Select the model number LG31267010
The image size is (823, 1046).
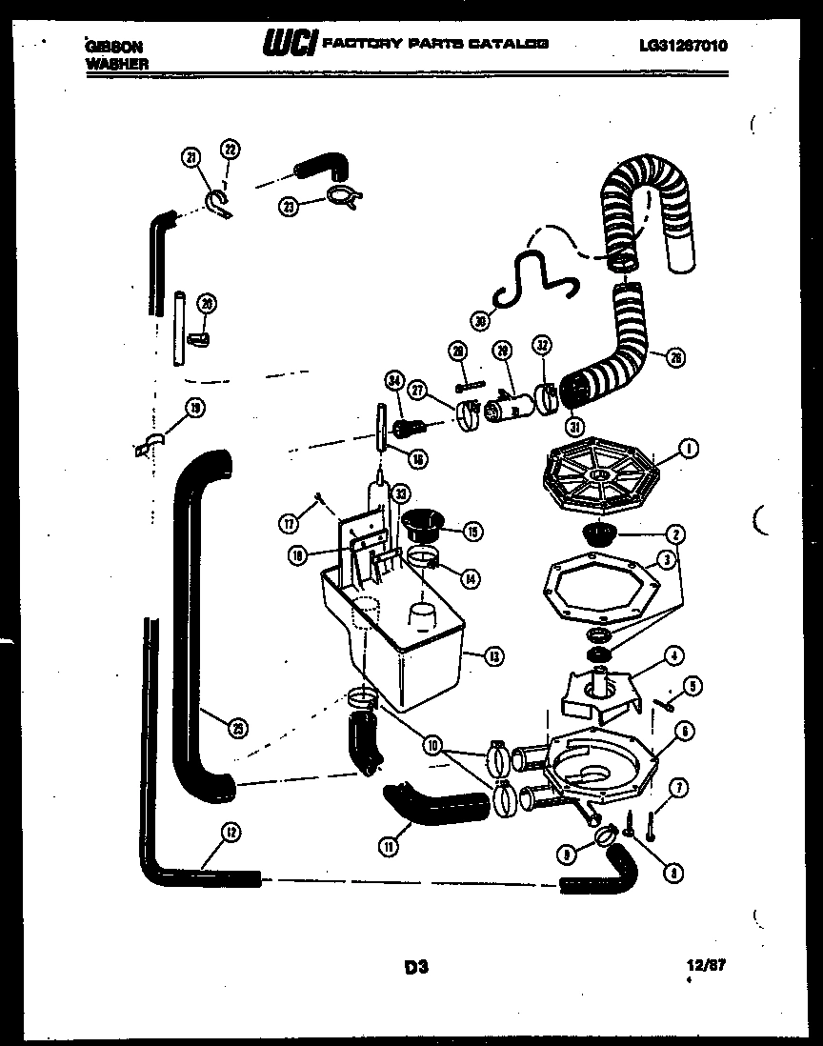point(684,45)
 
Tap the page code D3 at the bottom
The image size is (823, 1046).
point(416,968)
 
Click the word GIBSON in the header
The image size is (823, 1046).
point(109,45)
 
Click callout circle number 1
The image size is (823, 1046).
point(688,447)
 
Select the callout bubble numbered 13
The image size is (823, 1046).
point(494,655)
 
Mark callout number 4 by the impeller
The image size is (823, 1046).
point(672,654)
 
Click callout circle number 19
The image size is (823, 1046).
point(195,410)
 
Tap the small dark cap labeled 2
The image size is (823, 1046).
point(600,532)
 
